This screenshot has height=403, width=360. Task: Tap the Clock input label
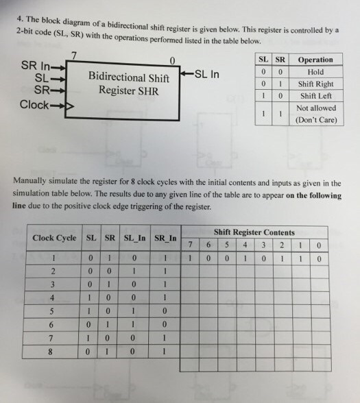[34, 105]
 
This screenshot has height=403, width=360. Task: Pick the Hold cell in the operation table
[315, 72]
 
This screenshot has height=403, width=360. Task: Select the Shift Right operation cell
[315, 84]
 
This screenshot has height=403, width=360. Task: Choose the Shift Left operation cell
[315, 97]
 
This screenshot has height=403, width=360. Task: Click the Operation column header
[315, 60]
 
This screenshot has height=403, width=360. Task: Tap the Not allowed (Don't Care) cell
[315, 114]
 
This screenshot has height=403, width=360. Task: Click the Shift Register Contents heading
[254, 232]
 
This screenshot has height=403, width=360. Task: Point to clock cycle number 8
[53, 352]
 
